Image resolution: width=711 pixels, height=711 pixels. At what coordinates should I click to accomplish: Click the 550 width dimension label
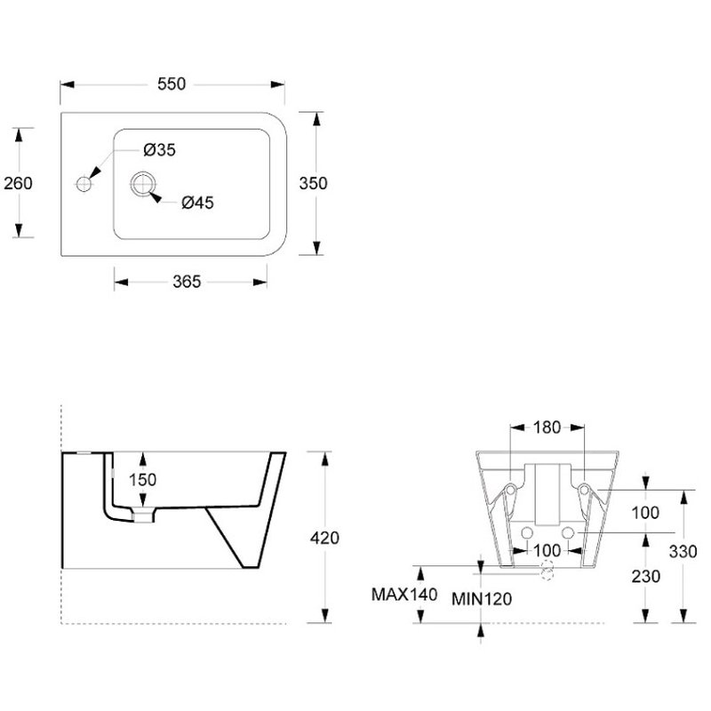171,84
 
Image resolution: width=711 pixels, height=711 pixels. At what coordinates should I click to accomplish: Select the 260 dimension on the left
18,183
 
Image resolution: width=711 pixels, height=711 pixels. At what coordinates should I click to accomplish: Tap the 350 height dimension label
314,183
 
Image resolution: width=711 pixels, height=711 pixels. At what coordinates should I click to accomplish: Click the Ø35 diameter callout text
159,150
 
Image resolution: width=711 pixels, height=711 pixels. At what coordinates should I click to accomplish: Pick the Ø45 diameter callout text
196,203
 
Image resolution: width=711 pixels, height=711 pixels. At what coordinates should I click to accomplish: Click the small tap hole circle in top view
84,184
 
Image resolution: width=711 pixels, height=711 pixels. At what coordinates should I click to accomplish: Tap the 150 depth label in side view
142,480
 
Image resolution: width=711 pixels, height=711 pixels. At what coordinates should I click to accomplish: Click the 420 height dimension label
325,538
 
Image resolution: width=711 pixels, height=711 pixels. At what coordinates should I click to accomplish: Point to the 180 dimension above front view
547,427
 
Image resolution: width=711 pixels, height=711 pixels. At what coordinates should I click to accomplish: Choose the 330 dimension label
696,551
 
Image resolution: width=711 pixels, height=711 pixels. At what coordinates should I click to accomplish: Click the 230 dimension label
645,576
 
